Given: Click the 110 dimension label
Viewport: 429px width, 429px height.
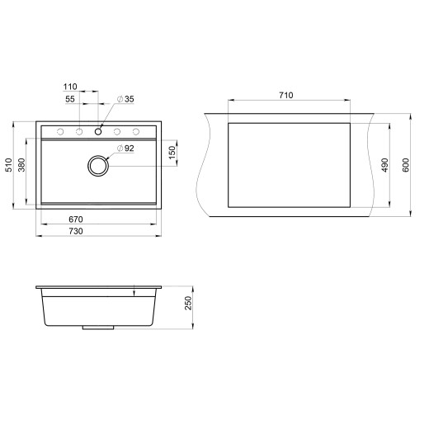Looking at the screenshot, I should pos(69,86).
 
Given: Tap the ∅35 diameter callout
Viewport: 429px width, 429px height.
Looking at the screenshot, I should pos(126,99).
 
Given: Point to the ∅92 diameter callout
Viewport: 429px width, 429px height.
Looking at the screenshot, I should pos(126,148).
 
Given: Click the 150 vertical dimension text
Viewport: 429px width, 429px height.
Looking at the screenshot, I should pos(172,153).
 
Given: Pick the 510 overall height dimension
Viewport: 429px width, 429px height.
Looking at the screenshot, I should pos(9,166).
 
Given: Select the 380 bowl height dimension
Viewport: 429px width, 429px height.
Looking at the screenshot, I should pos(22,166).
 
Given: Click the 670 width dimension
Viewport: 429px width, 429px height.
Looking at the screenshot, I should pos(76,219).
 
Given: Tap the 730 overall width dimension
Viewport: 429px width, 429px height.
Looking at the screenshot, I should pos(76,232).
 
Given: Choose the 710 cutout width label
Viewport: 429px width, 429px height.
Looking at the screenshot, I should pos(286,96).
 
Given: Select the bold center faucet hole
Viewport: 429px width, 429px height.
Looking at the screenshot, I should pos(98,131).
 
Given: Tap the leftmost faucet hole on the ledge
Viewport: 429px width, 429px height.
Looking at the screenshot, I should pos(60,131).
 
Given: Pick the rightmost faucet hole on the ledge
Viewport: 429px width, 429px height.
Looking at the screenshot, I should pos(136,131).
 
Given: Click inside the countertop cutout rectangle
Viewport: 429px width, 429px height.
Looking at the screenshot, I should pos(289,163).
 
